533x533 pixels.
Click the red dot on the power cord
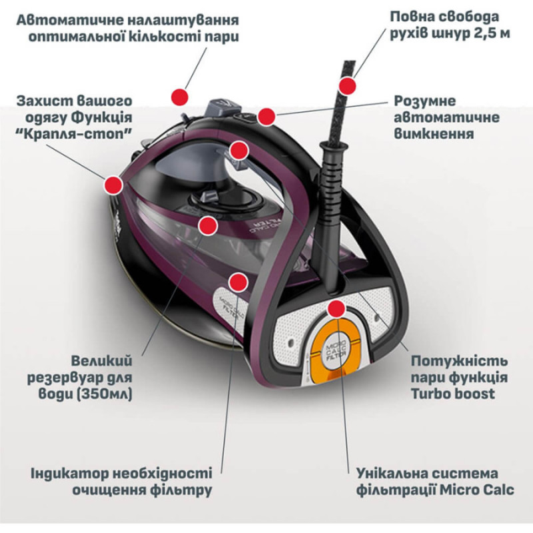[347, 86]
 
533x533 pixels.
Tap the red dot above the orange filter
[337, 308]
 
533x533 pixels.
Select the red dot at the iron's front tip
[113, 185]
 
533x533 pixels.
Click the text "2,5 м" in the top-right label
[490, 33]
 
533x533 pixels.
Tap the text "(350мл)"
[105, 394]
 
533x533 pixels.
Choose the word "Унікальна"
[394, 474]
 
